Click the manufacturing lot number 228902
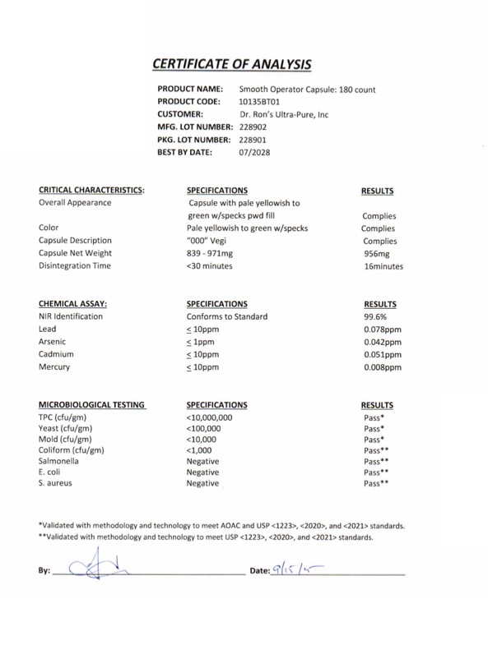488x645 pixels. [254, 127]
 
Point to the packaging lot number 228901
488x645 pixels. [254, 140]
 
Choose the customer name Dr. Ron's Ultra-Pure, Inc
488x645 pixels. [284, 115]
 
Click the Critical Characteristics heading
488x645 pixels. [91, 190]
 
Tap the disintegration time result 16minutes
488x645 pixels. [383, 266]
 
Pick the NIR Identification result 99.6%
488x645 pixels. [376, 316]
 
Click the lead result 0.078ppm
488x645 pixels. [382, 329]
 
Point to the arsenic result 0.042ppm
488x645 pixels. [382, 342]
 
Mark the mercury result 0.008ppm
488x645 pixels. [382, 367]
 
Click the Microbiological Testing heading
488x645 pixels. [92, 405]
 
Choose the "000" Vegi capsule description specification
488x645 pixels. [211, 241]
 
